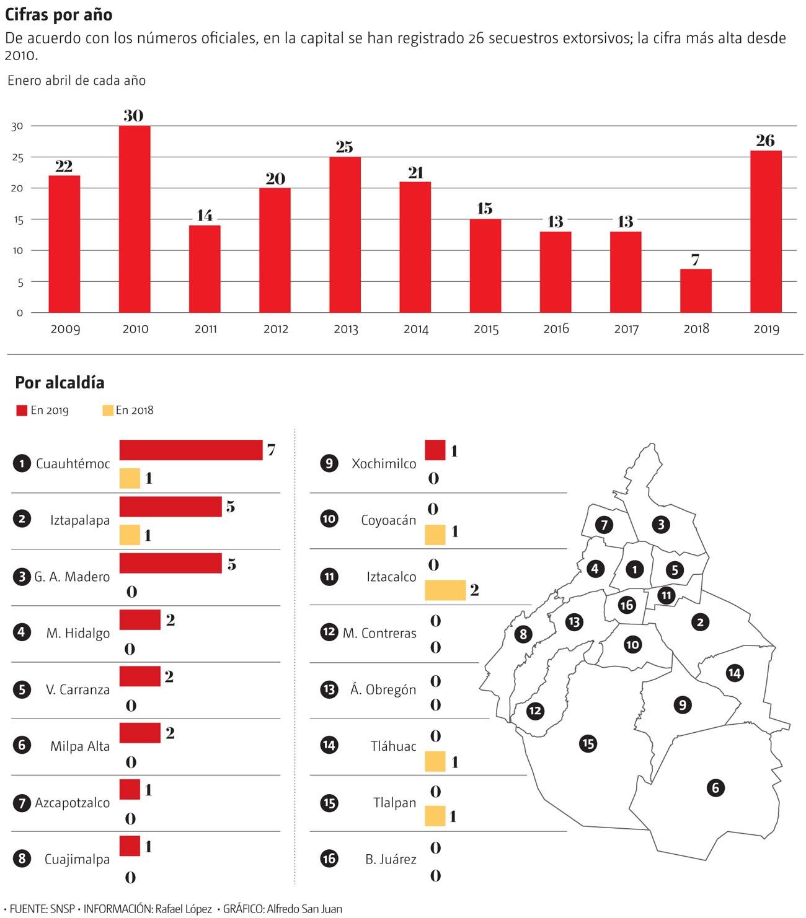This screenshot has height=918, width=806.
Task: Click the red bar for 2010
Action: click(135, 219)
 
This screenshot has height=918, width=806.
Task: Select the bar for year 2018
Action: click(696, 291)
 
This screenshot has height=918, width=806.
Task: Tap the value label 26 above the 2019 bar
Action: click(765, 141)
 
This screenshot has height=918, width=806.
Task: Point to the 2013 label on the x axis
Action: click(346, 329)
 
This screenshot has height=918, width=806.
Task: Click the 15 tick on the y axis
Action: click(17, 220)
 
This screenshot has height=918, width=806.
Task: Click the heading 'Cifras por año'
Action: click(59, 15)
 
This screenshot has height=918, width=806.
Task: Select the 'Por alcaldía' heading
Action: click(60, 382)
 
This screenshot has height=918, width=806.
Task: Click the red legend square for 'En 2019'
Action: click(22, 410)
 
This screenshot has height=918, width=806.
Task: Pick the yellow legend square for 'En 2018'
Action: click(108, 410)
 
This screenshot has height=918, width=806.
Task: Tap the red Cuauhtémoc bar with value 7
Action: click(191, 450)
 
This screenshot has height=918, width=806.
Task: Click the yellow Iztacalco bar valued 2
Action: click(445, 590)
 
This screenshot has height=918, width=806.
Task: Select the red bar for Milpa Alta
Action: click(140, 733)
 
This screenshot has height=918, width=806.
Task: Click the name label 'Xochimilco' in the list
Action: click(384, 463)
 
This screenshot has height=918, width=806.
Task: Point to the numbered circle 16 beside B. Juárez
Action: click(329, 859)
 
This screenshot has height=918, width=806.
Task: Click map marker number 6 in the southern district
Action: click(715, 788)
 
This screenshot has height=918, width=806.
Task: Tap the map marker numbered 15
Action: click(588, 743)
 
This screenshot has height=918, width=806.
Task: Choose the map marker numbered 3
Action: click(661, 525)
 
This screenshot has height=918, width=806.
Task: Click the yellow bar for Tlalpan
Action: click(435, 816)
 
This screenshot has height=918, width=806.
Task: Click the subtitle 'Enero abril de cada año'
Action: click(77, 81)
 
